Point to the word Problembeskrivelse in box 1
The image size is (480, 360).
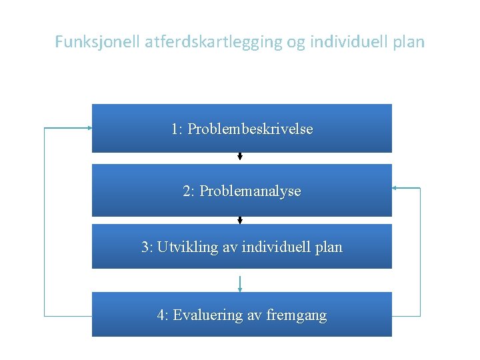coord(250,129)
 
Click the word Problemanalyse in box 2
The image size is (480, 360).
coord(250,191)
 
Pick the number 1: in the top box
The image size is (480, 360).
coord(177,129)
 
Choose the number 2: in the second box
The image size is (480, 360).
coord(189,191)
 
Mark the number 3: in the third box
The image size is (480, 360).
coord(147,247)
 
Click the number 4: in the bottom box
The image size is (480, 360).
coord(163,315)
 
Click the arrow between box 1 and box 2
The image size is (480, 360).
coord(240,157)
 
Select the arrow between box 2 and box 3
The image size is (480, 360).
coord(240,220)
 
